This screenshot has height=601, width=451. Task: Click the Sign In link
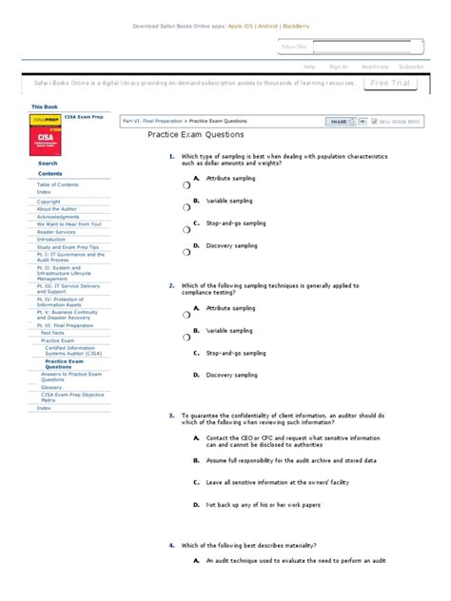pos(338,67)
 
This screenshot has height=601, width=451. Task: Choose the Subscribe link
pos(412,67)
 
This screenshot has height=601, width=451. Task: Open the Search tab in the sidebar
pos(48,164)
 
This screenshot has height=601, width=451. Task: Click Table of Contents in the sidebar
pos(56,184)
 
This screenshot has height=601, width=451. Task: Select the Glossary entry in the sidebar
pos(51,387)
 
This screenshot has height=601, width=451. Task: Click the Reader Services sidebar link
pos(56,232)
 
